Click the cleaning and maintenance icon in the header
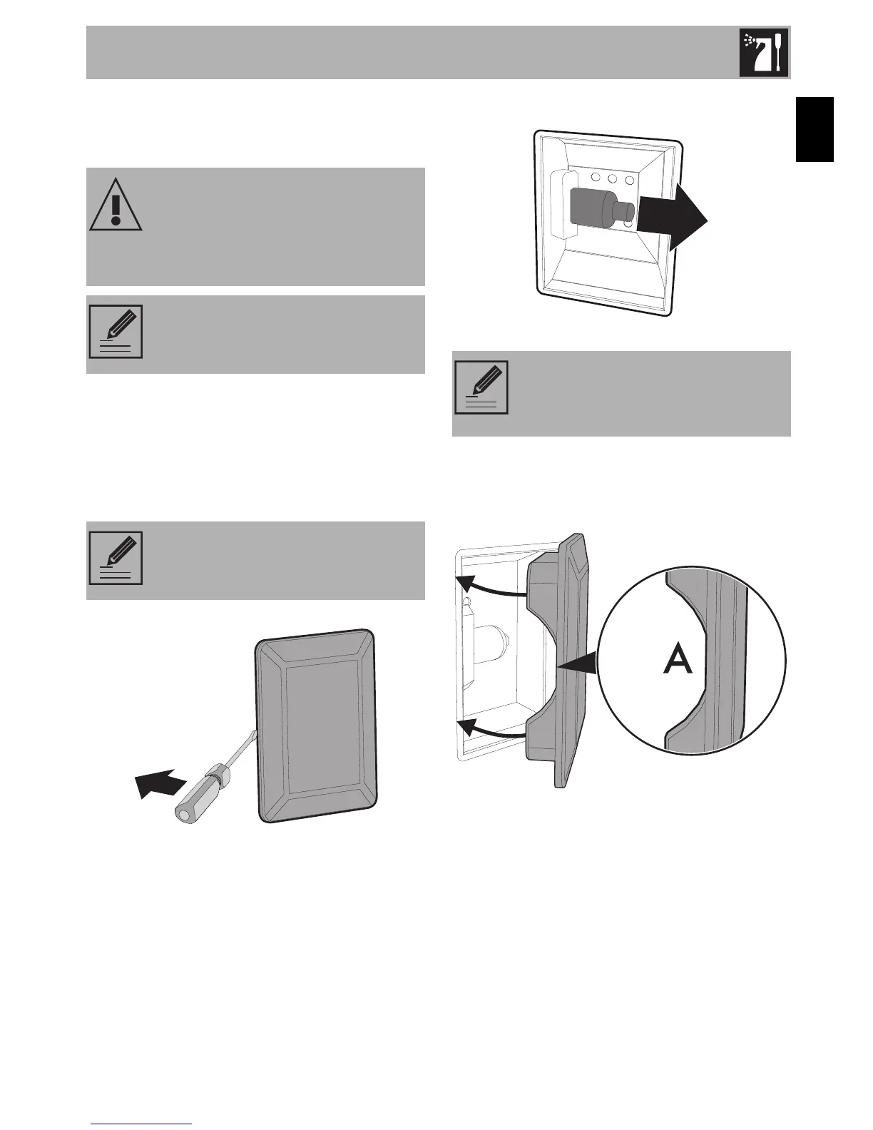(765, 52)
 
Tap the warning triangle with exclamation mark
(116, 203)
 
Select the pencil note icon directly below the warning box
(116, 331)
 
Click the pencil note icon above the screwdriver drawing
(116, 558)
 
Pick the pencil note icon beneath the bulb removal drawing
(481, 387)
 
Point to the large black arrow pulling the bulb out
(673, 216)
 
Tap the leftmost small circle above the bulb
(590, 178)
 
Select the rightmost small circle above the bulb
(629, 178)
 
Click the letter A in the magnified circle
(677, 661)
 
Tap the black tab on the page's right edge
(815, 131)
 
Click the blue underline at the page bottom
(143, 1124)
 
